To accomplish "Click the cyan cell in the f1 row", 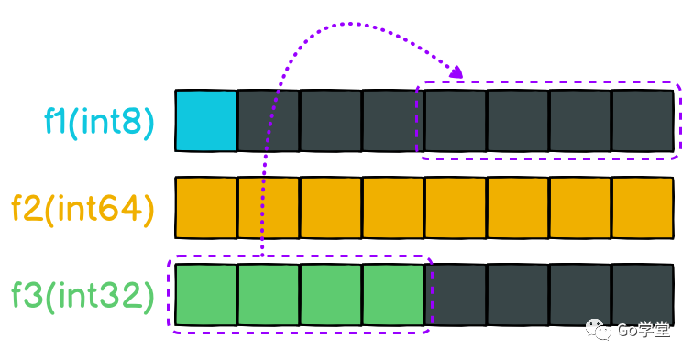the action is tap(206, 121).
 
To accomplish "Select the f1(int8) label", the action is tap(99, 122).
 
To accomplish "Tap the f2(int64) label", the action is tap(83, 209).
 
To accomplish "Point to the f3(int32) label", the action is tap(83, 296).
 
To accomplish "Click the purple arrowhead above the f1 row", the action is tap(456, 72).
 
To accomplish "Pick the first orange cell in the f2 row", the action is tap(206, 208).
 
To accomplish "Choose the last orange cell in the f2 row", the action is tap(643, 208).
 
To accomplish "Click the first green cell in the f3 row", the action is tap(206, 295).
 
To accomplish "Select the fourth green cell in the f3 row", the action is tap(393, 295).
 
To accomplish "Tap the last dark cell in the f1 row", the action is tap(643, 121).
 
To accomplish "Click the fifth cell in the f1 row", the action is tap(456, 121).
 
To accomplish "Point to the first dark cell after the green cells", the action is tap(456, 295).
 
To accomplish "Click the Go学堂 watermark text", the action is tap(643, 330).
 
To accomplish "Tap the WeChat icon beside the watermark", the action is tap(598, 330).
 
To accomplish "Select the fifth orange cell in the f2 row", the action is tap(456, 208).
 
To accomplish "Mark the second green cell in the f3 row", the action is tap(269, 295).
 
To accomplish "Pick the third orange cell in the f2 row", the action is tap(331, 208).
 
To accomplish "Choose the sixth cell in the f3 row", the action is tap(518, 295).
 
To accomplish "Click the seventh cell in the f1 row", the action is tap(580, 121).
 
